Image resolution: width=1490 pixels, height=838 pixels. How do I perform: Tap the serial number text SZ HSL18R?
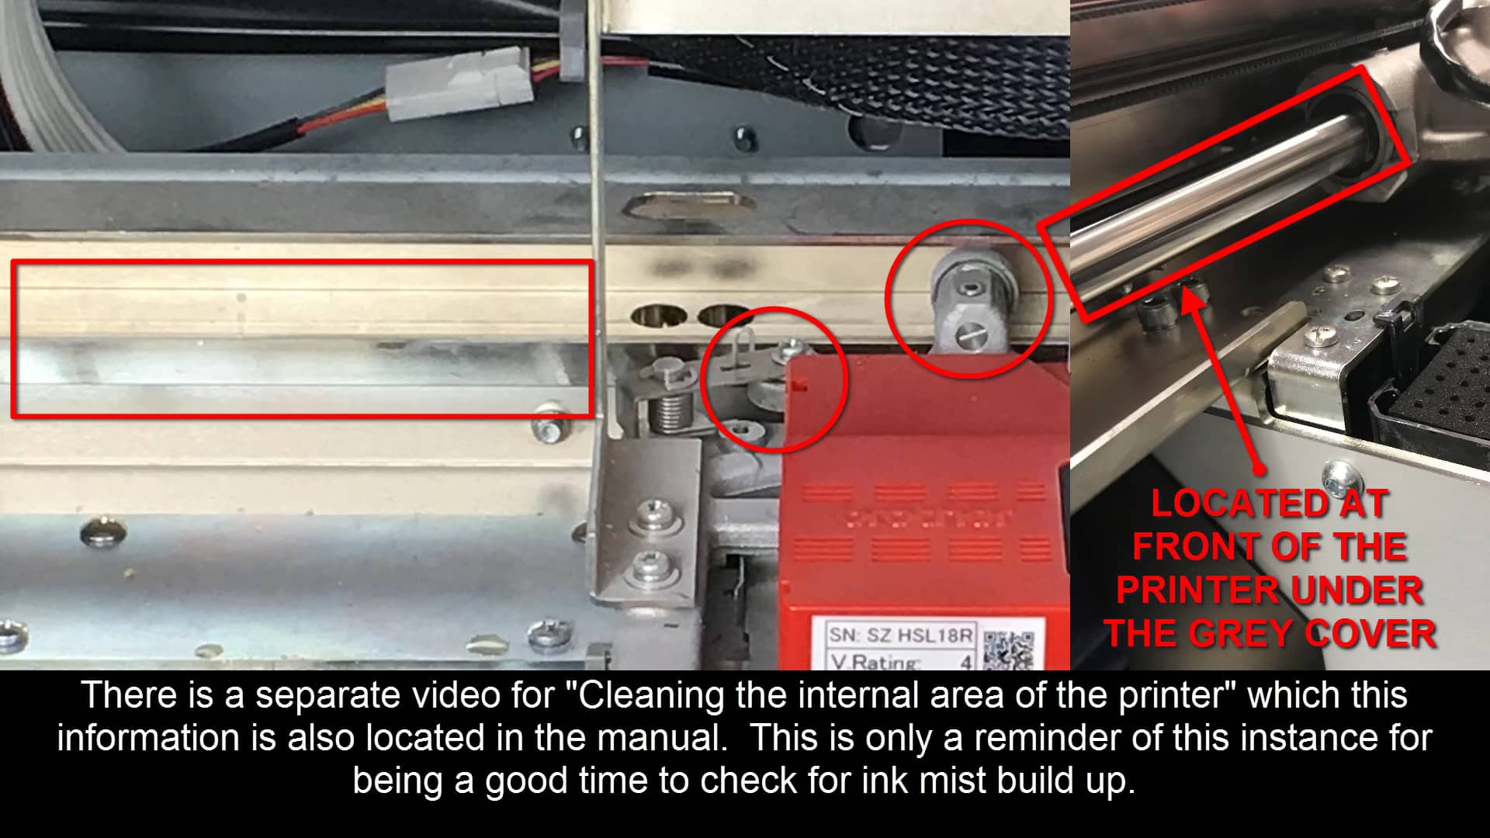pyautogui.click(x=919, y=635)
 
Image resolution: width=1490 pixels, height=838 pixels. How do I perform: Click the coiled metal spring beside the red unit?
pyautogui.click(x=669, y=410)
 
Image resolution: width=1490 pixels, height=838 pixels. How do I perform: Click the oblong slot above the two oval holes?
pyautogui.click(x=690, y=205)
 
